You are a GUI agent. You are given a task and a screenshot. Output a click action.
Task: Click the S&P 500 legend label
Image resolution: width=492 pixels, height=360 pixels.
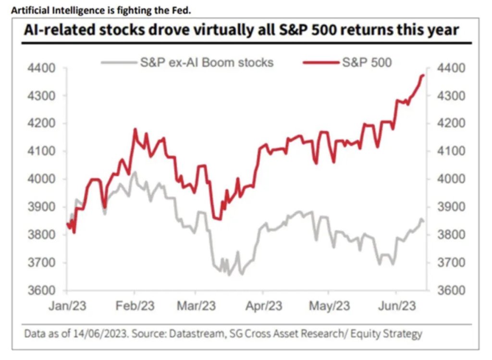pos(367,62)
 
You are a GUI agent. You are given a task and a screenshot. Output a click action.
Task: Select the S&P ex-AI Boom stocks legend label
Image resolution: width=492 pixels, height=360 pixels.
pos(206,62)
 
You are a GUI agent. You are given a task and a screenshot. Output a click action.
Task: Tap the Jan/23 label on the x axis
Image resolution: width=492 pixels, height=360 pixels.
pos(68,305)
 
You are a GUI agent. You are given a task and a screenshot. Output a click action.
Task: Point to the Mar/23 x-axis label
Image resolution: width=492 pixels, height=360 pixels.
pos(196,305)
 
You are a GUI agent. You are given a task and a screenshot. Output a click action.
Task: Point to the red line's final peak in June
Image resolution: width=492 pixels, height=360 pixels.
pos(422,75)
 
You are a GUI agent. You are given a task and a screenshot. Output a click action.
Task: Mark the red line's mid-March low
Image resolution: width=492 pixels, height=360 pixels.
pos(219,219)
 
